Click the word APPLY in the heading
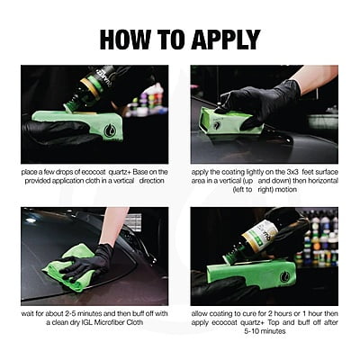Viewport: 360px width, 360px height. tap(226, 40)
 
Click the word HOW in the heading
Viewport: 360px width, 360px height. tap(124, 40)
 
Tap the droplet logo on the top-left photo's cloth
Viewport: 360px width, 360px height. tap(110, 130)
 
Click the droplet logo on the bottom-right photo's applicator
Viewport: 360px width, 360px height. tap(284, 276)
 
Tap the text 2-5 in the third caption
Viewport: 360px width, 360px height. tap(71, 314)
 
